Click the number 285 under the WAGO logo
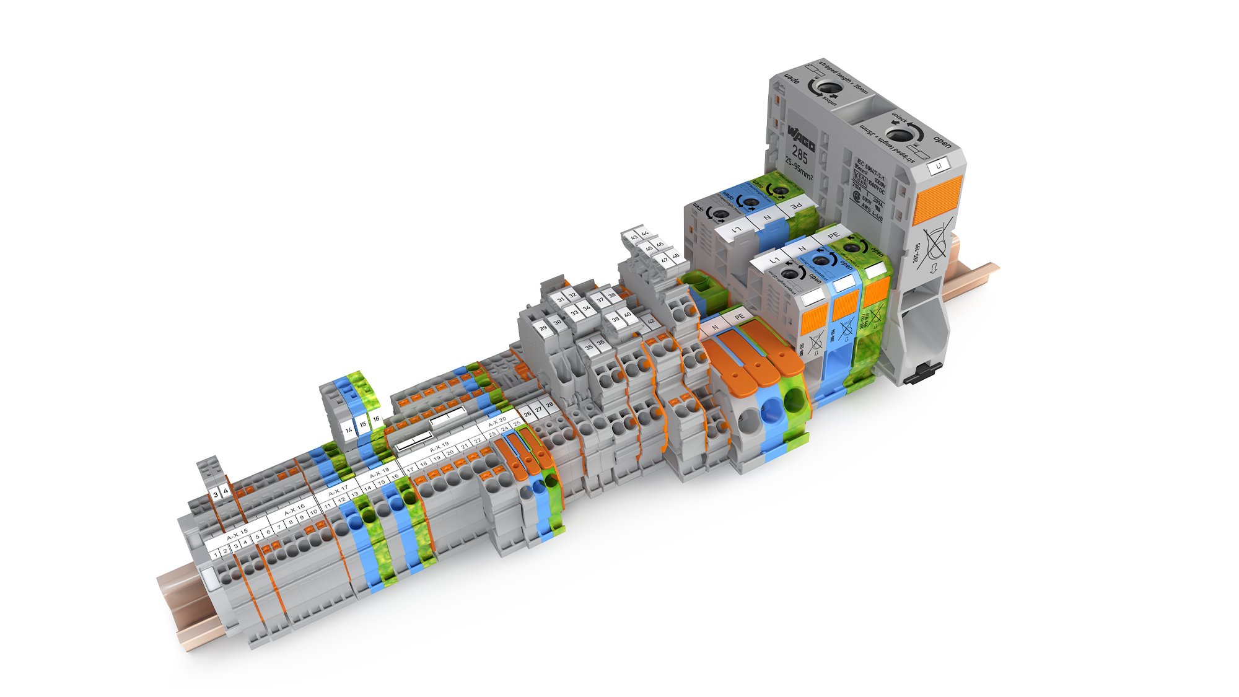coord(799,152)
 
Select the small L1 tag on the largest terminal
coord(939,166)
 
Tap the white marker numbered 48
coord(675,255)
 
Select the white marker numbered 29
coord(543,328)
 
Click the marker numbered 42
coord(650,321)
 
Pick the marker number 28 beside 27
coord(549,405)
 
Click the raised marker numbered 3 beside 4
coord(216,494)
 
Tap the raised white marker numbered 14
coord(349,429)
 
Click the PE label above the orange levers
coord(738,317)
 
